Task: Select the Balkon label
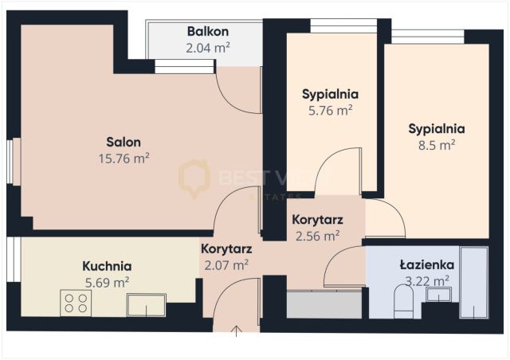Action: point(208,32)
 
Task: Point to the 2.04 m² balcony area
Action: point(208,48)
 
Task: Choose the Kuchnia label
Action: point(107,266)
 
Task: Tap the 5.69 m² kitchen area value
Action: point(107,281)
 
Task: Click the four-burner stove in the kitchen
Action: point(76,303)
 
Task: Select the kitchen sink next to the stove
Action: point(147,303)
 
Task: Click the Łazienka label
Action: point(426,264)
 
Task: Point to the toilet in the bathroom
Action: point(403,300)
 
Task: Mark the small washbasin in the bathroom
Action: point(438,295)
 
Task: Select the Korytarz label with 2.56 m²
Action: point(316,220)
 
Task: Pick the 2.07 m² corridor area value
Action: point(226,264)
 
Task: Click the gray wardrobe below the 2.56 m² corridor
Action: point(324,305)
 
